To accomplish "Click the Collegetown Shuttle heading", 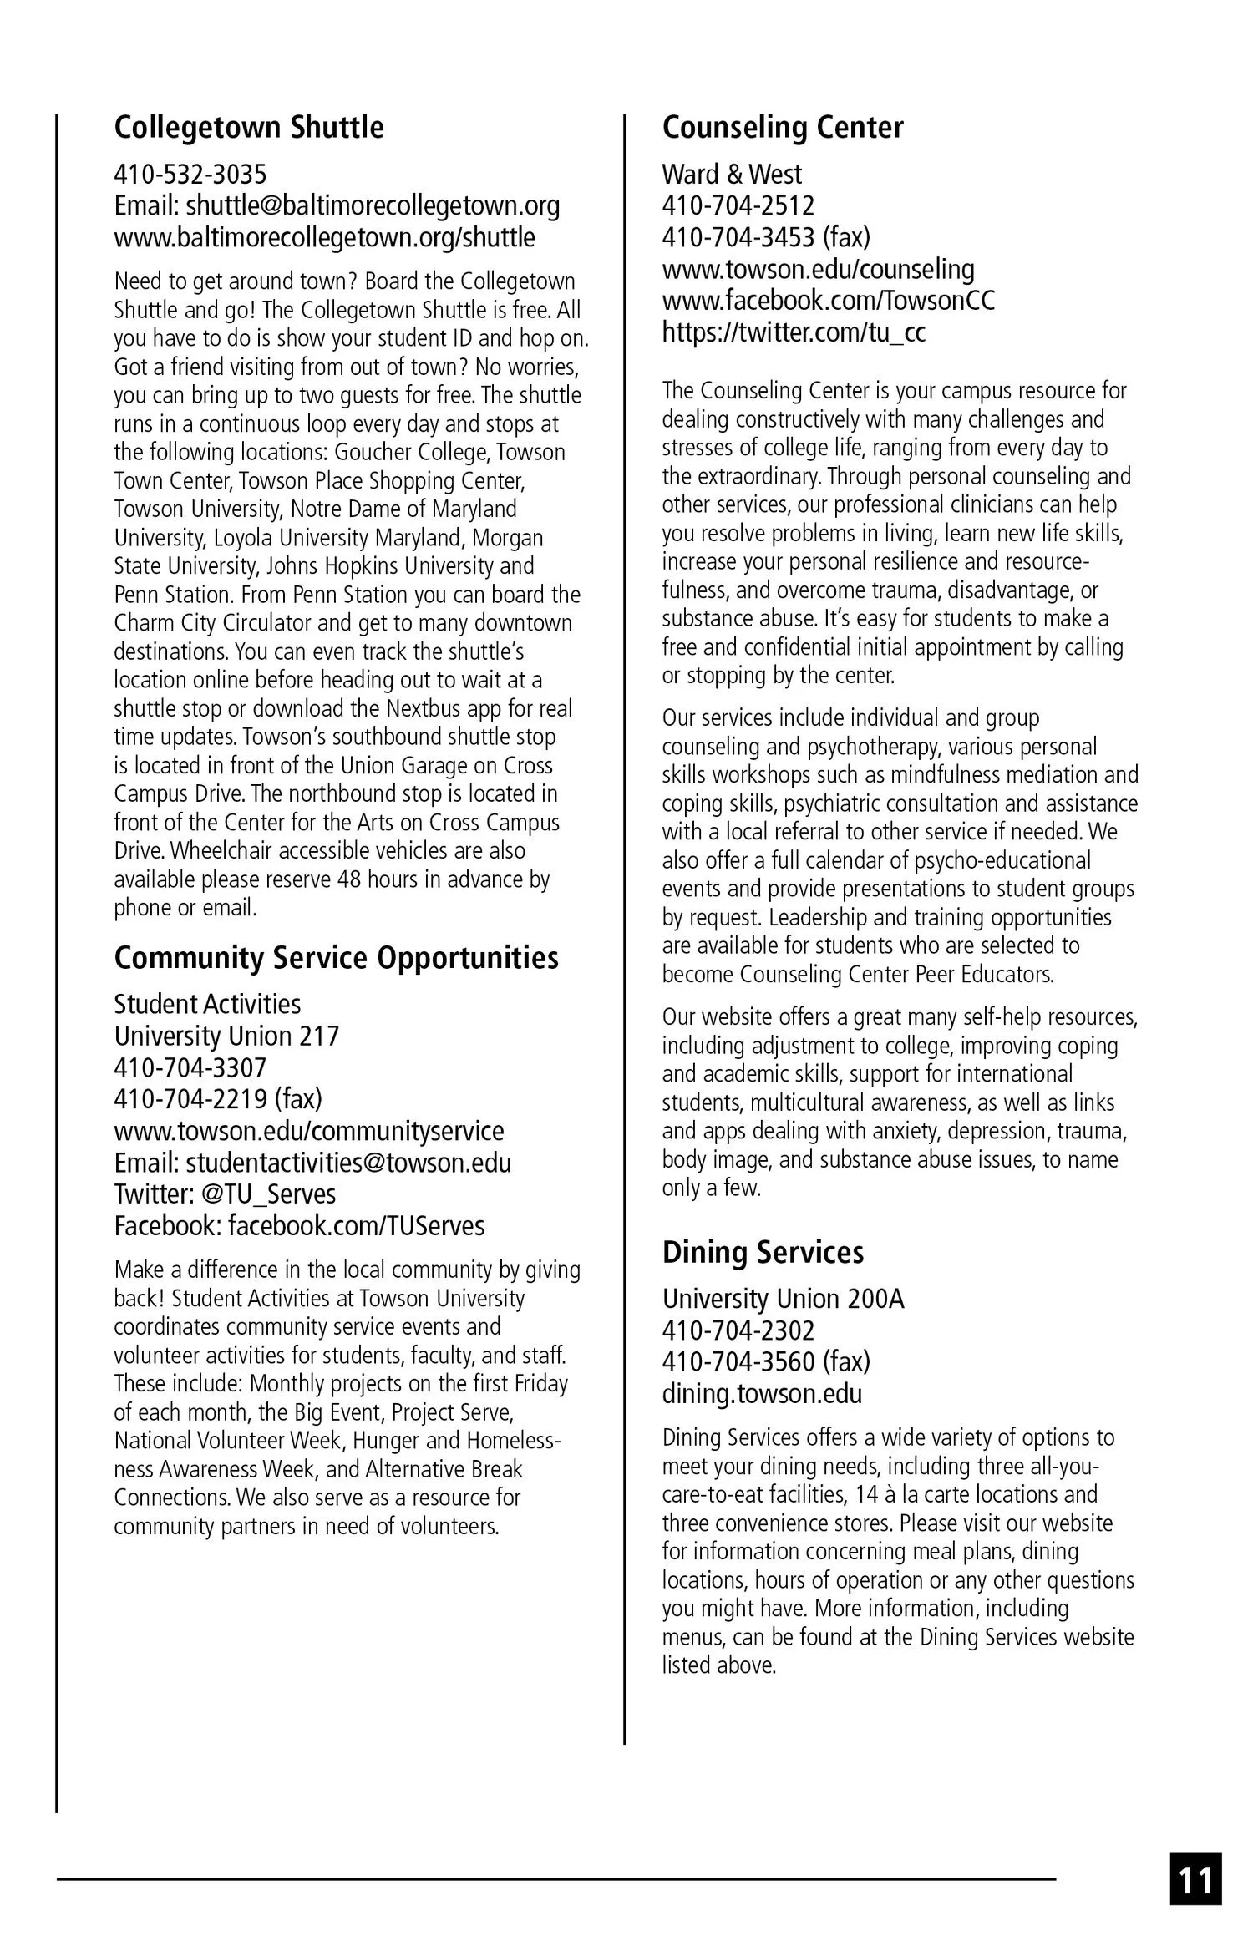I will (249, 128).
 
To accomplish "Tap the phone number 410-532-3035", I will (190, 175).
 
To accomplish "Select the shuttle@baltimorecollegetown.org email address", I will (373, 205).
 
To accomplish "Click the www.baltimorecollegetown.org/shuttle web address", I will (324, 237).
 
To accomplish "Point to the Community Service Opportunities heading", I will (336, 958).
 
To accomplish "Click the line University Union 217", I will (226, 1036).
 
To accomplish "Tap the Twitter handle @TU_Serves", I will (268, 1194).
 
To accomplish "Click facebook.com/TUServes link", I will (356, 1226).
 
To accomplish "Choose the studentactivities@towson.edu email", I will (348, 1163).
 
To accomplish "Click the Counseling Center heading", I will (783, 128).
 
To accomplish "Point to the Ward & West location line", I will (731, 175).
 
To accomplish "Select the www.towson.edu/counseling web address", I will (818, 269).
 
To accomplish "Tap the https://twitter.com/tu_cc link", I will (794, 332).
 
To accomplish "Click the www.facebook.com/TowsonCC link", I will (829, 301).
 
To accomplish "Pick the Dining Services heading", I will (763, 1252).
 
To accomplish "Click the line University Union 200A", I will (783, 1299).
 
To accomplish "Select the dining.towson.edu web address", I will (762, 1394).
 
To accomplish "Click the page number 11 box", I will (1195, 1879).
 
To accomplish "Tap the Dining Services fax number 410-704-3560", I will (738, 1362).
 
